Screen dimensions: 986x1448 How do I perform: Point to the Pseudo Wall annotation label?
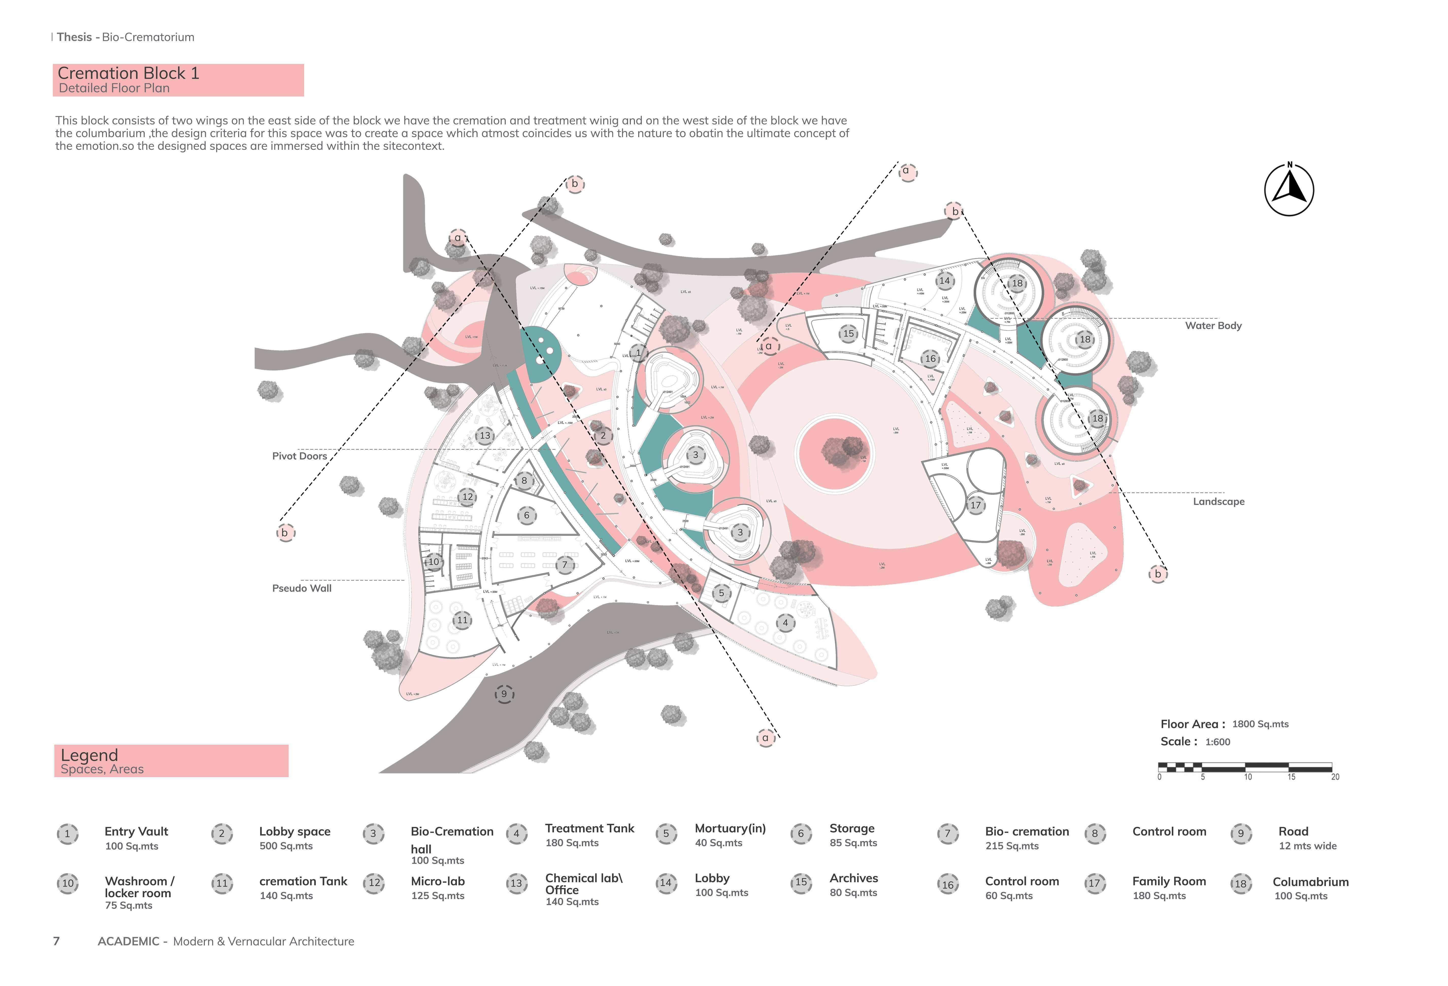point(302,588)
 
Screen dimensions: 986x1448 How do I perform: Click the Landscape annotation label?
point(1218,502)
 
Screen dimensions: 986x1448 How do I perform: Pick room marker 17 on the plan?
point(976,505)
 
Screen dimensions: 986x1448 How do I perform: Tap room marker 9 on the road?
point(504,694)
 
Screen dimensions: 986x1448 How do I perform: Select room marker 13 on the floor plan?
point(485,435)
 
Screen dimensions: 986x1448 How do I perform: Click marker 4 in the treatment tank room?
point(785,622)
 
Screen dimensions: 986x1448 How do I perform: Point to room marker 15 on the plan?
point(849,333)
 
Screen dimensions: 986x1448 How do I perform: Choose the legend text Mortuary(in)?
point(730,828)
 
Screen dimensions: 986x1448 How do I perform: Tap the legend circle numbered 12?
point(374,883)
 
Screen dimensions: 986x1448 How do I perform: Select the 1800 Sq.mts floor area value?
point(1260,724)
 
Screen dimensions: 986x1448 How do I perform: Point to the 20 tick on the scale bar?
point(1335,777)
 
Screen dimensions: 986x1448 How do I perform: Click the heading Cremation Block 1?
point(128,74)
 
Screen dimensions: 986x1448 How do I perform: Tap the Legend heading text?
point(89,755)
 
